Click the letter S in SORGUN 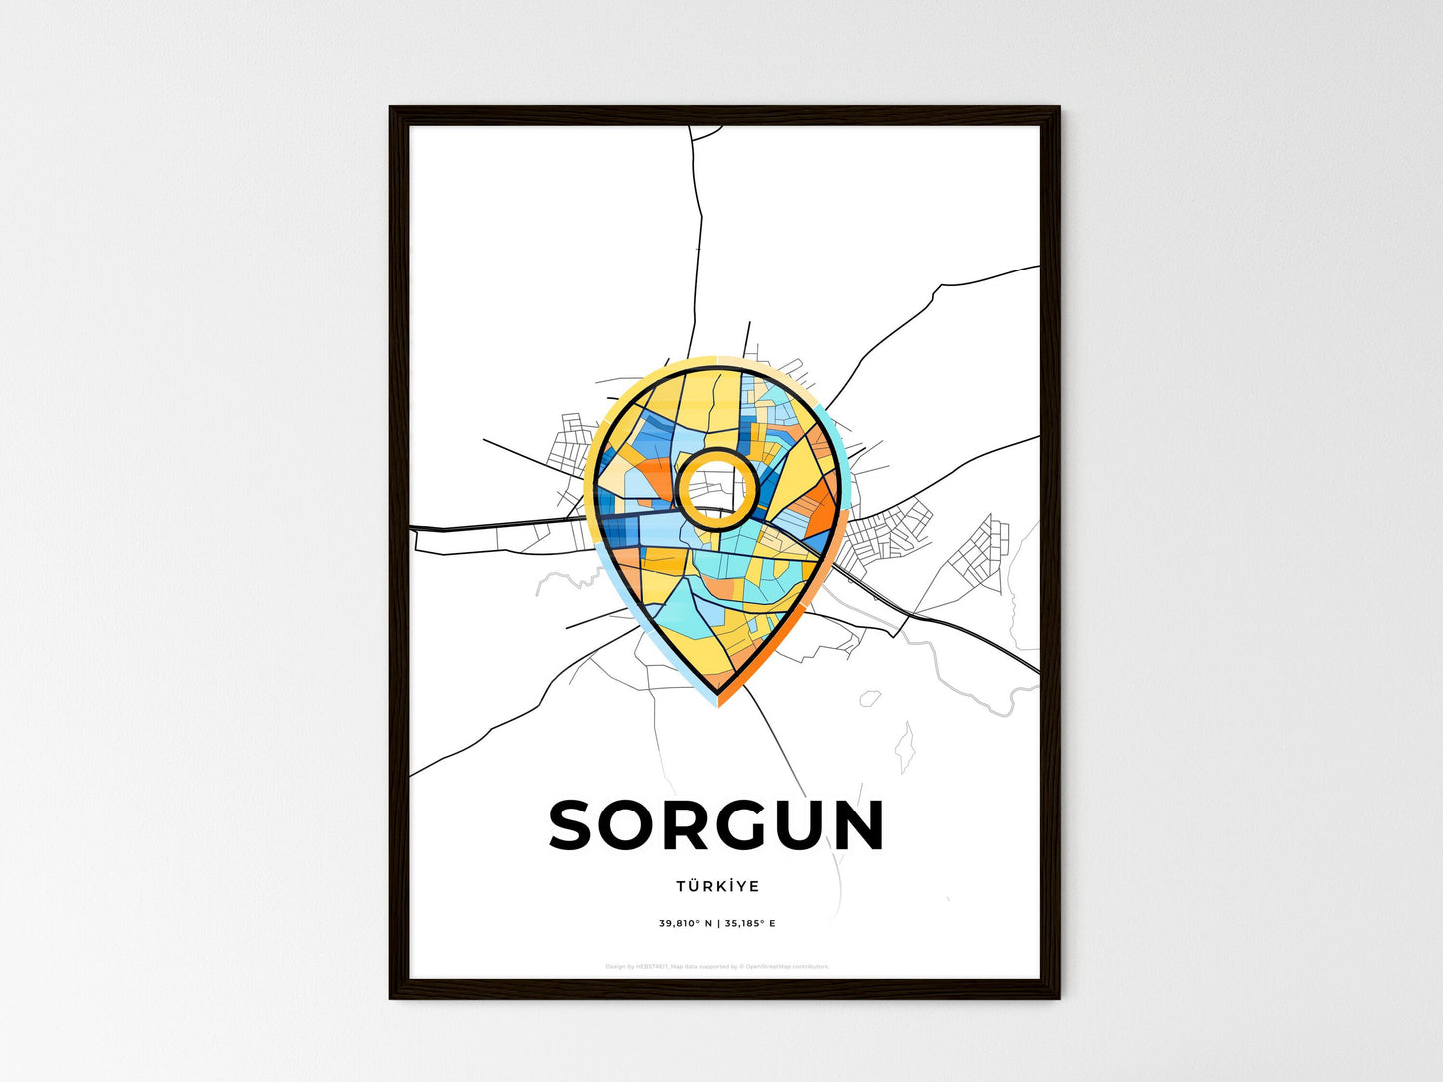click(574, 825)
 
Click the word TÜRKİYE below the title click(717, 886)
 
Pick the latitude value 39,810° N click(685, 923)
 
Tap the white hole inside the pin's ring click(714, 488)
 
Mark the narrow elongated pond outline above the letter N click(906, 747)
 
